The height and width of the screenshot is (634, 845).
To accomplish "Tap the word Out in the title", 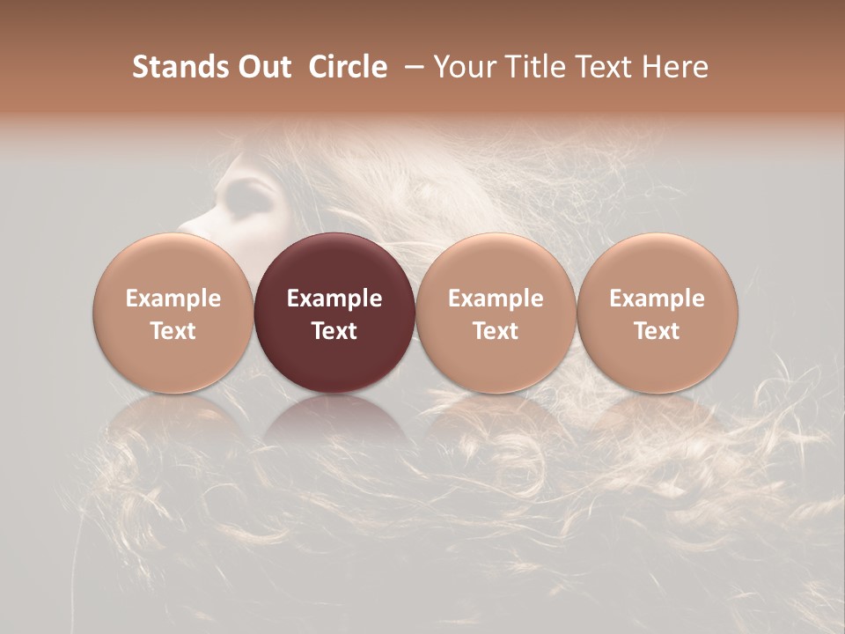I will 264,67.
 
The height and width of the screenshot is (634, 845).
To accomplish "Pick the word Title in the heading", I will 534,67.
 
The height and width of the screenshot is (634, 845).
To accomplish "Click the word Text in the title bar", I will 605,67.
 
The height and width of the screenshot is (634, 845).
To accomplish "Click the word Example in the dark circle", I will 334,299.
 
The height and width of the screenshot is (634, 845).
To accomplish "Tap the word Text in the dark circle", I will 334,331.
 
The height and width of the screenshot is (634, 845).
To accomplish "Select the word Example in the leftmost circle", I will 173,299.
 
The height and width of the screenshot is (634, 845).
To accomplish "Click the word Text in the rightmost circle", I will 658,331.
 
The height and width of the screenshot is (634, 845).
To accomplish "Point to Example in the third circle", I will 496,299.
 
